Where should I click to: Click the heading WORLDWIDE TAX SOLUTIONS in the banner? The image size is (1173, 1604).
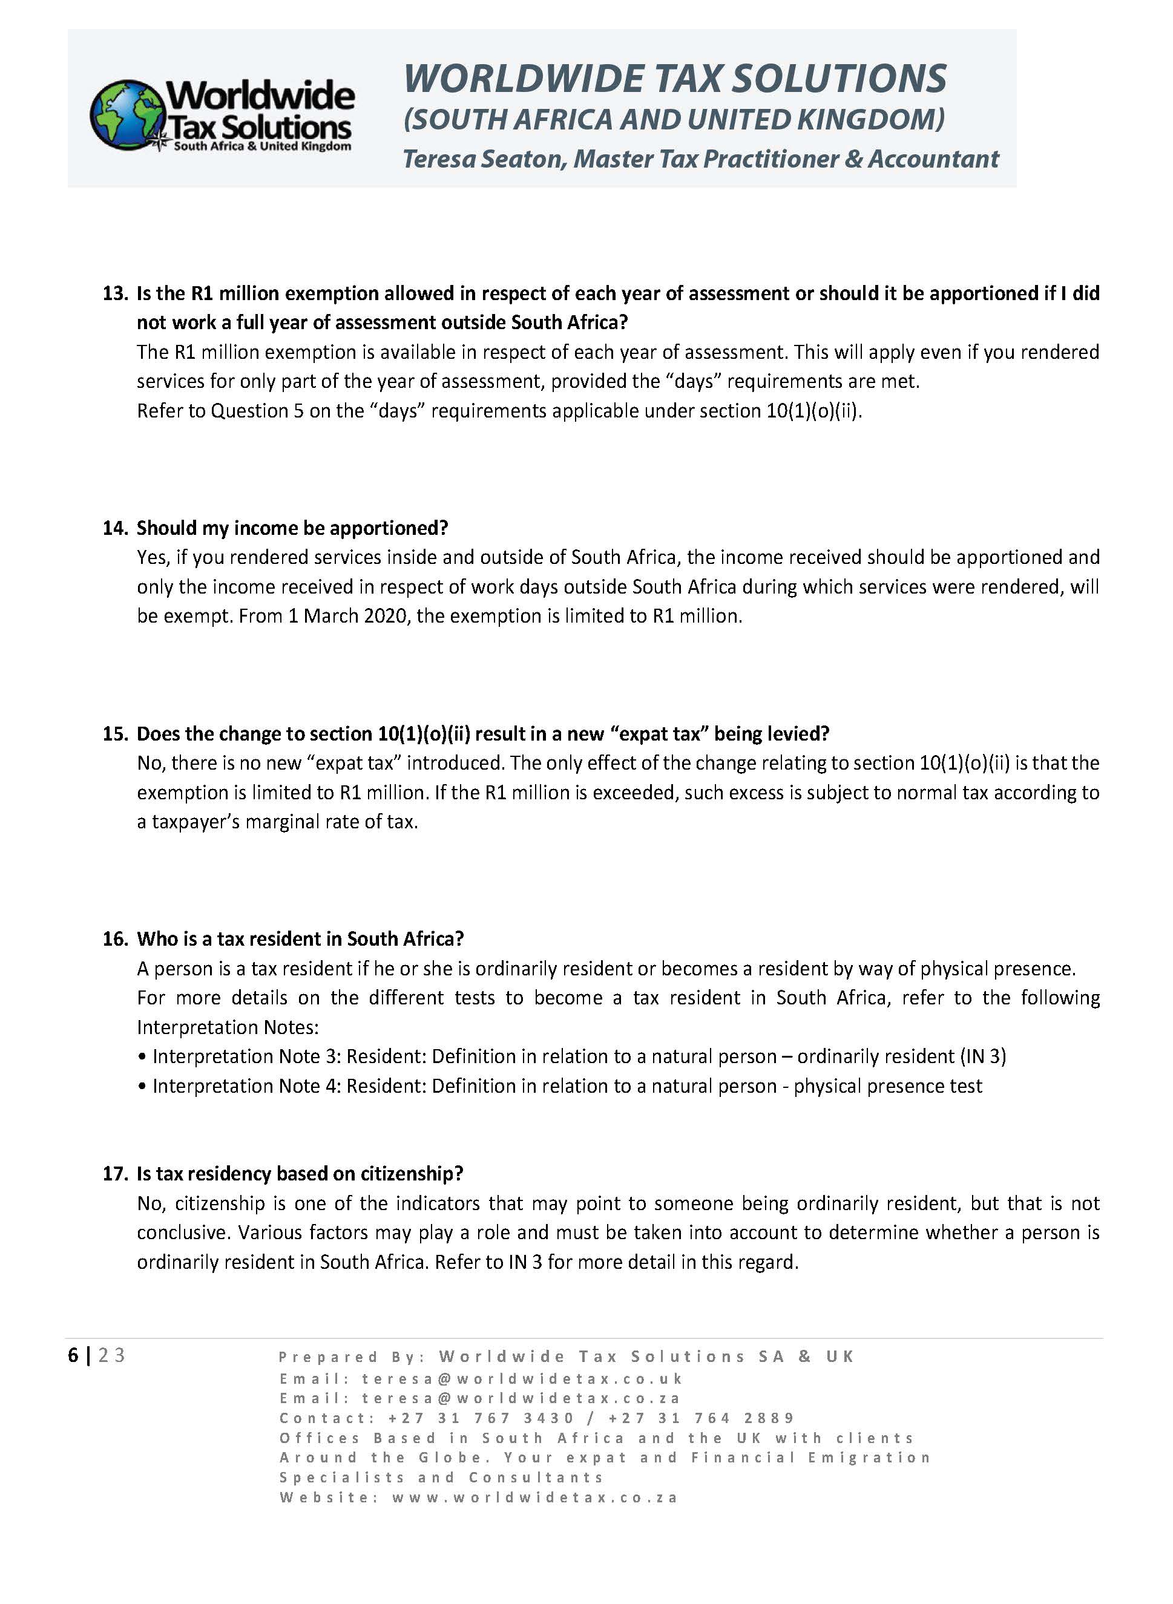click(x=674, y=78)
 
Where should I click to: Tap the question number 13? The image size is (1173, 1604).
click(x=114, y=293)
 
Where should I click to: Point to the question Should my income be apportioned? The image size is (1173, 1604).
click(x=292, y=528)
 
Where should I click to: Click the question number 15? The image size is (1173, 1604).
click(x=114, y=733)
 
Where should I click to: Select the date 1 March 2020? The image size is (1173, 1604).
click(x=348, y=616)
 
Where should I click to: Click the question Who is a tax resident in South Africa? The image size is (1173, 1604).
click(x=300, y=939)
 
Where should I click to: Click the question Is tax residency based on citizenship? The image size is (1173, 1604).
click(x=300, y=1174)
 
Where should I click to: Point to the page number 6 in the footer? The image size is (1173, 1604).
click(x=73, y=1355)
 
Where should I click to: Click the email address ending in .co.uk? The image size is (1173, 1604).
click(x=522, y=1379)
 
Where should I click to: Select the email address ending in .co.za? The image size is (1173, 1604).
click(x=521, y=1398)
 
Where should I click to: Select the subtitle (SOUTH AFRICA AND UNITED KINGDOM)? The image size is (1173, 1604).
click(x=674, y=119)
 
